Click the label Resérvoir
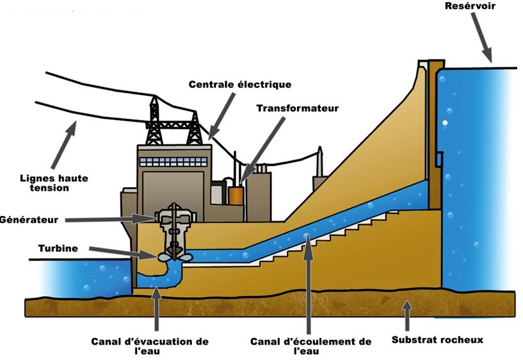470,6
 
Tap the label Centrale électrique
240,85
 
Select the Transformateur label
298,108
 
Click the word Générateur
29,220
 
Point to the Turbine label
58,249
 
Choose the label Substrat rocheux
437,340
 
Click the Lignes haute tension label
54,183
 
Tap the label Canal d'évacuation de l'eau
150,346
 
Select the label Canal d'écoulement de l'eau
310,346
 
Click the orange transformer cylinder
236,195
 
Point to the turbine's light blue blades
175,258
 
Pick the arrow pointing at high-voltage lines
64,145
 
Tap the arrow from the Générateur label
110,219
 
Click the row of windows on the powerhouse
173,162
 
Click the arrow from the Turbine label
122,252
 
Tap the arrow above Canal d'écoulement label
308,283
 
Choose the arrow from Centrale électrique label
223,117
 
